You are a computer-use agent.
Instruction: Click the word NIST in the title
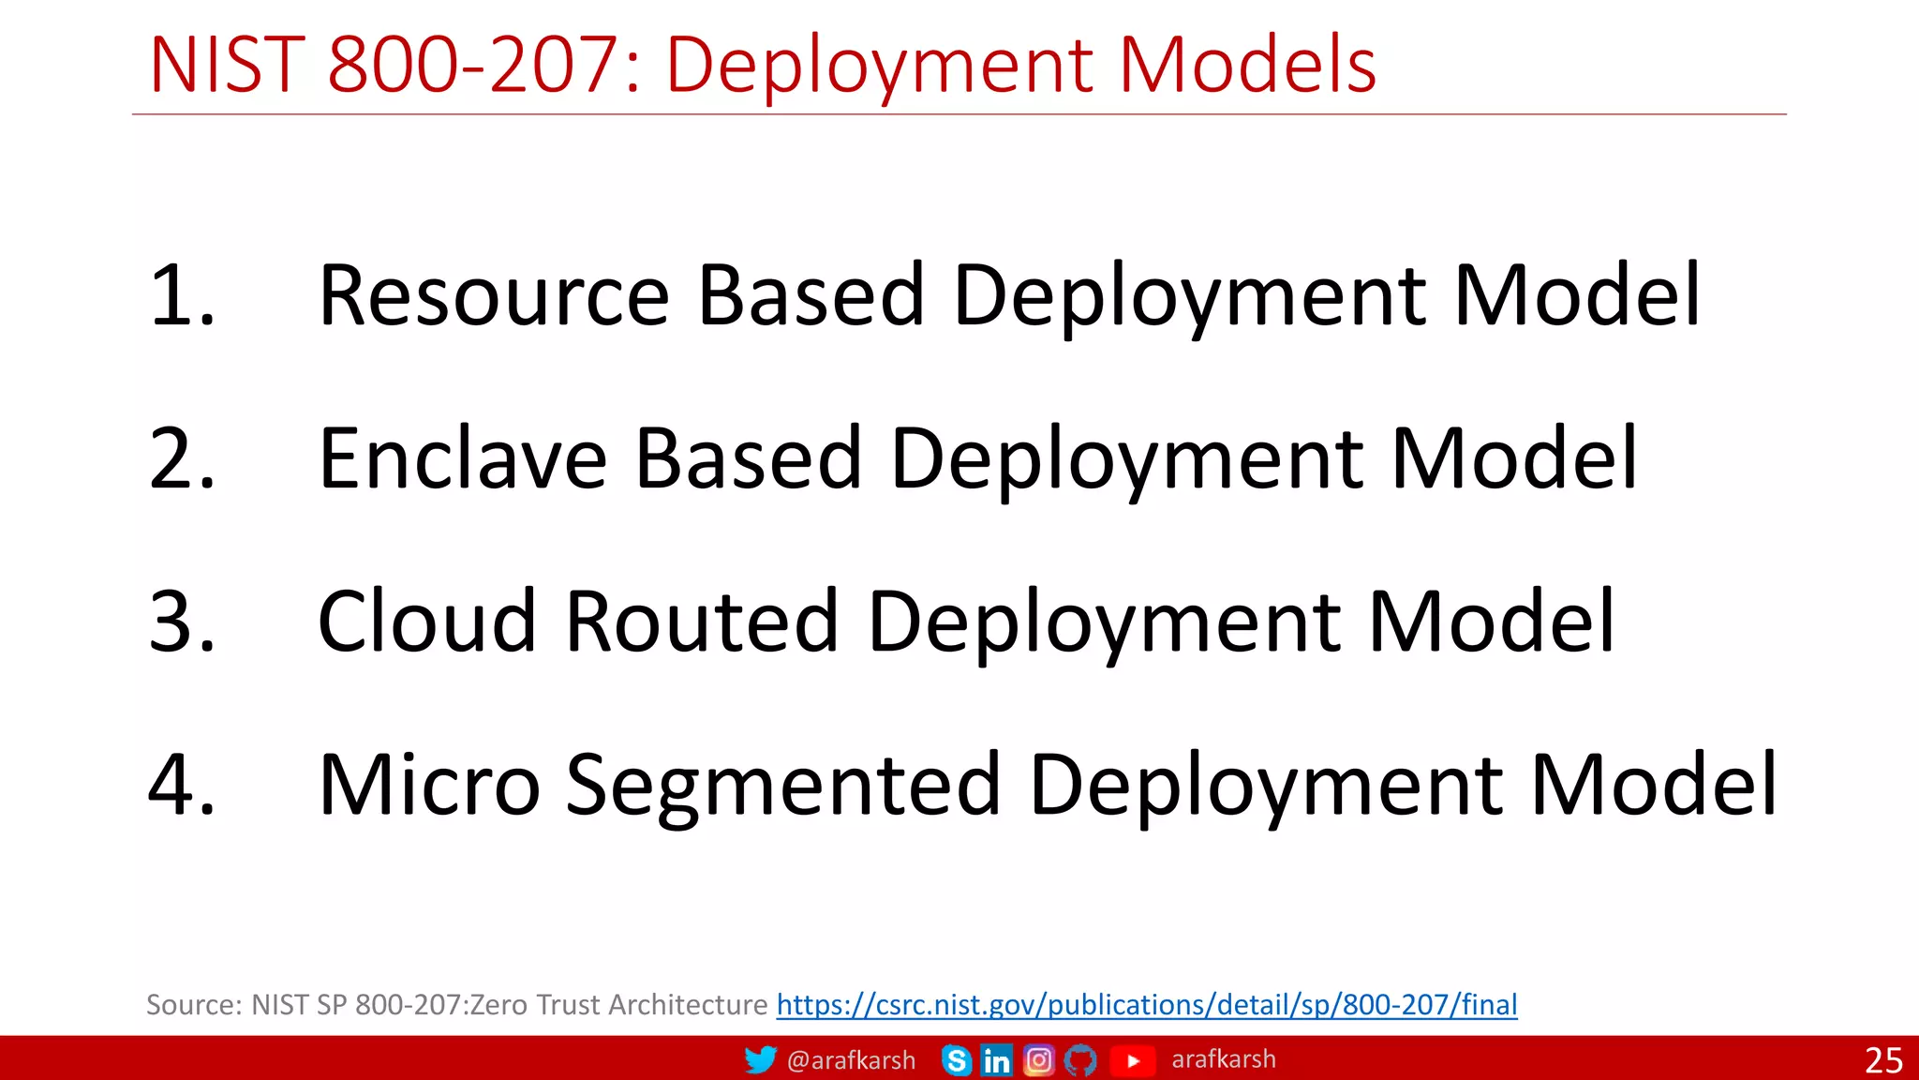click(227, 66)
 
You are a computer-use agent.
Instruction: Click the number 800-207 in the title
click(472, 66)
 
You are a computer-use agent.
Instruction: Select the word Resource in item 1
click(494, 296)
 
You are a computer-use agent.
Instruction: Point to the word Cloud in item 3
click(426, 622)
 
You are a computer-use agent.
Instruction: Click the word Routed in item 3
click(703, 622)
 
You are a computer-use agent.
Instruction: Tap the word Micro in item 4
click(429, 785)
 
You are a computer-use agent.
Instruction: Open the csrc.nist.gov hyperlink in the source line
click(1146, 1005)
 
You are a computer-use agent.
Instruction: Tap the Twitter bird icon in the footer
click(760, 1059)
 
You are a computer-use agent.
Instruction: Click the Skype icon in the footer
click(956, 1060)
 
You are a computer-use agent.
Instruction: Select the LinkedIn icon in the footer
click(996, 1060)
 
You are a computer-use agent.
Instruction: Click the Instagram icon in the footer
click(1038, 1060)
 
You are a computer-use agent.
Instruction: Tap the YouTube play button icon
click(1132, 1060)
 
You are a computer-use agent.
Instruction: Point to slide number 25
click(1883, 1060)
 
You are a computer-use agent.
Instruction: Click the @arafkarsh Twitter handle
click(851, 1060)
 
